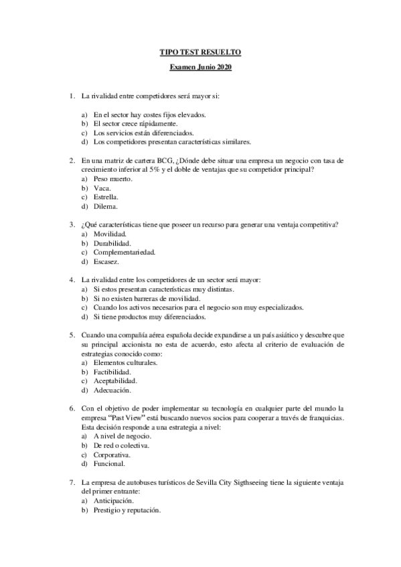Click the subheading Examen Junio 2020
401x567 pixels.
click(x=200, y=68)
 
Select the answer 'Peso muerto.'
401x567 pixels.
click(x=113, y=179)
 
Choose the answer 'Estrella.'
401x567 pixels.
click(x=106, y=198)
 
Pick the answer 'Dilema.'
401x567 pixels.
click(x=106, y=207)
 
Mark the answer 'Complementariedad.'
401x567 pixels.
click(x=125, y=253)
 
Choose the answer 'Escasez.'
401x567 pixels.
click(x=106, y=262)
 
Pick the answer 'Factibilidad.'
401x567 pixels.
click(x=112, y=372)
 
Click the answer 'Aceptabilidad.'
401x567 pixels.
click(x=116, y=381)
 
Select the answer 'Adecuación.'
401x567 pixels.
click(x=112, y=390)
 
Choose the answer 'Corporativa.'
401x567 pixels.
click(x=112, y=455)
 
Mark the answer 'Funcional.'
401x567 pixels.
click(x=109, y=463)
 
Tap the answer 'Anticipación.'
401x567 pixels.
click(x=114, y=500)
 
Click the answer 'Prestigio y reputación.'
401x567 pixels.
click(x=127, y=509)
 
